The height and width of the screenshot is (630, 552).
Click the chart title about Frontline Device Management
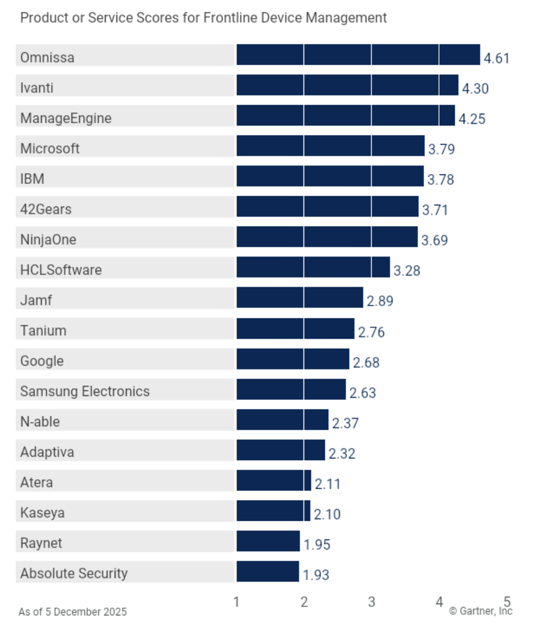pos(203,18)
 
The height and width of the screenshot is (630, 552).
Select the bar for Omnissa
pos(358,55)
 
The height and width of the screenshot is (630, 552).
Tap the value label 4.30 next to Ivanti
pos(476,88)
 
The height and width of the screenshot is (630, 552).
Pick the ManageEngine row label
pos(66,118)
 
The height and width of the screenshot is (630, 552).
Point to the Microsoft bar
pos(330,146)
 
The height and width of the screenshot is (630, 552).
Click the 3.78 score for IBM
pos(441,180)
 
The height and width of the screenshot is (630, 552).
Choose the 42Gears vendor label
pos(46,209)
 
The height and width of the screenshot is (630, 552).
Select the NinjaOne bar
pos(327,237)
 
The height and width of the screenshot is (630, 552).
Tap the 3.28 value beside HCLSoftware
pos(407,271)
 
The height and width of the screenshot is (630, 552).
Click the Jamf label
pos(36,300)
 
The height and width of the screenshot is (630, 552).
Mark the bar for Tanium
pos(295,328)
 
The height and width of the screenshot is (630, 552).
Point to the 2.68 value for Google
pos(367,362)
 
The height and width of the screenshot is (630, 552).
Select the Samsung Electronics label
pos(85,391)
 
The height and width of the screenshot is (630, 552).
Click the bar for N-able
pos(282,420)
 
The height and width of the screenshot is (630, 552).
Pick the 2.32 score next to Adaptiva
pos(342,453)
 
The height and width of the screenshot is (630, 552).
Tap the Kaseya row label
pos(42,512)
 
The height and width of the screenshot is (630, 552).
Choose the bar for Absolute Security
pos(268,571)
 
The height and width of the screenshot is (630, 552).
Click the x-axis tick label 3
pos(372,602)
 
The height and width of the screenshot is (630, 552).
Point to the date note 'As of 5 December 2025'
pos(73,611)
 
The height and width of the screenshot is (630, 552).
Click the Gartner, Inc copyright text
pos(481,611)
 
